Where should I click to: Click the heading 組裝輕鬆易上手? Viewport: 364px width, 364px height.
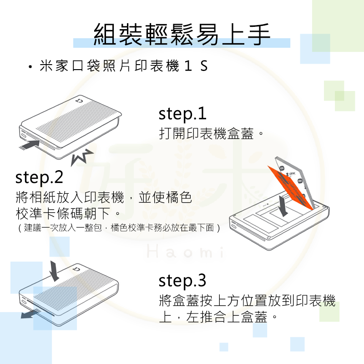point(182,35)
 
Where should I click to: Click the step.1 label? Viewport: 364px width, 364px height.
point(182,114)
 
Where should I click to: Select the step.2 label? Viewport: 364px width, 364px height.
point(39,177)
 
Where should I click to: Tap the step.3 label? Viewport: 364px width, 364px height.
point(182,281)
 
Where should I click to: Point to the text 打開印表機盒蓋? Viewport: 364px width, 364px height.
point(207,133)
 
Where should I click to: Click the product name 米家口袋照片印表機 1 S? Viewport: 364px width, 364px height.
point(123,66)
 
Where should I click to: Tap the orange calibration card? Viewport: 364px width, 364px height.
point(290,187)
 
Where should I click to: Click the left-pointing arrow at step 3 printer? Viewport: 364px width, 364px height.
point(30,313)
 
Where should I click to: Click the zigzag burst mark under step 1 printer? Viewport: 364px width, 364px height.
point(81,157)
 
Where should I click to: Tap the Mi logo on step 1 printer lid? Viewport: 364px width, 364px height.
point(79,101)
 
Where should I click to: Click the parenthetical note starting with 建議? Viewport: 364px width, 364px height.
point(119,228)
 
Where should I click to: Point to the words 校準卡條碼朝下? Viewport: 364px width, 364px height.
point(63,213)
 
